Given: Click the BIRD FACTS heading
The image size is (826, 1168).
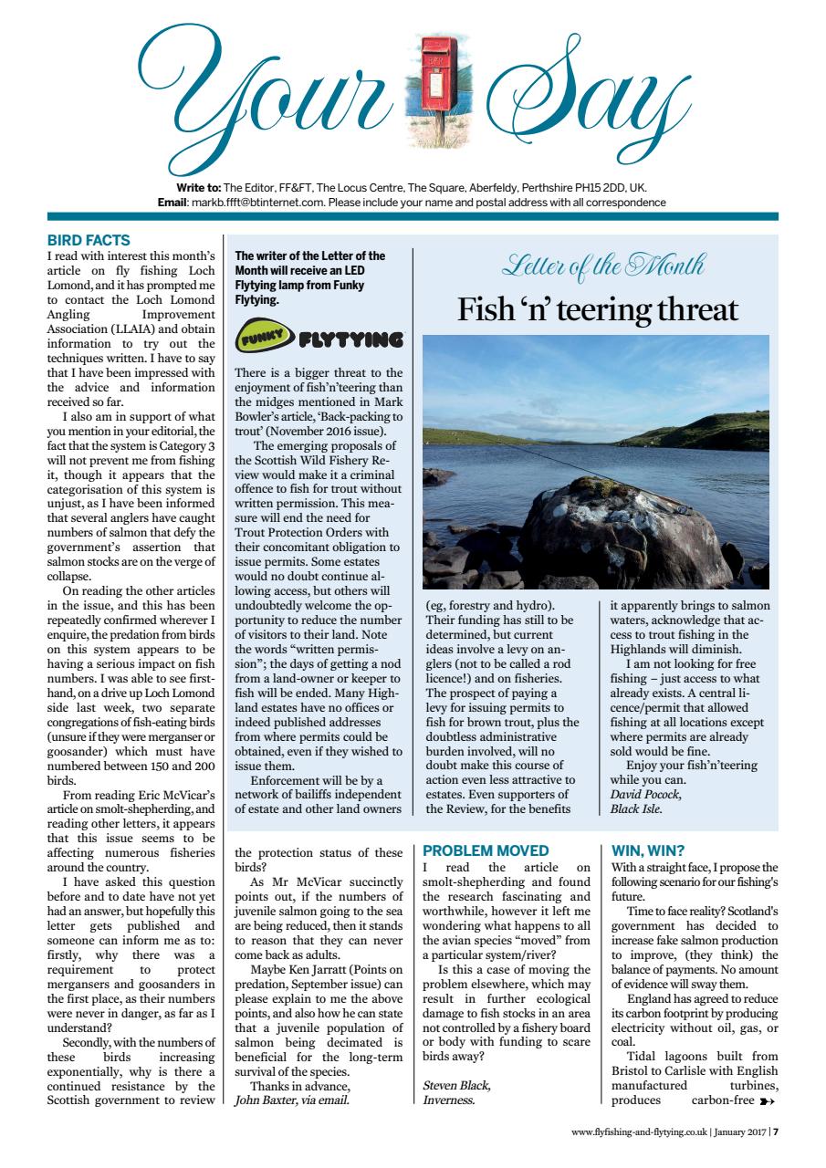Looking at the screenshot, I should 89,241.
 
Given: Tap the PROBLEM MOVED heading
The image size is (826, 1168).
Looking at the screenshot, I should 485,850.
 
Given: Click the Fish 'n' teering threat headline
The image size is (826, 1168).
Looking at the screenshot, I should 598,310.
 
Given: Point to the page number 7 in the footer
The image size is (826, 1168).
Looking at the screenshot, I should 775,1133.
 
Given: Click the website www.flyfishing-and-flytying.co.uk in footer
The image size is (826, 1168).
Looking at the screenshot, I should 639,1133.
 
